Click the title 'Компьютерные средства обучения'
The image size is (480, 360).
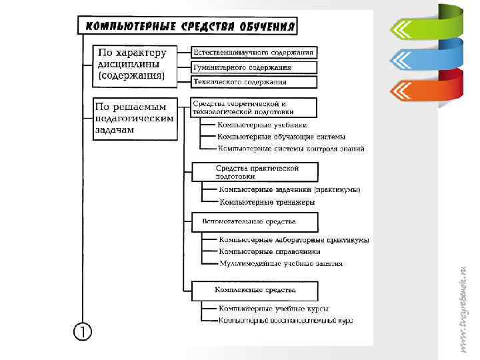pos(187,26)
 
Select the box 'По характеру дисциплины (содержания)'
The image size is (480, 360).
pos(134,65)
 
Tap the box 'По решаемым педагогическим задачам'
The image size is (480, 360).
pos(134,119)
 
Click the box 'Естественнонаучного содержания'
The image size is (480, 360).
pos(254,52)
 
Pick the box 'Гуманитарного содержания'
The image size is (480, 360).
pos(254,67)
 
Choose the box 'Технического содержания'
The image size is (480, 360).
pos(254,82)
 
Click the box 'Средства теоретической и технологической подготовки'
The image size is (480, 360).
pos(254,107)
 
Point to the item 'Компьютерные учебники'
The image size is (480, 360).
pos(263,125)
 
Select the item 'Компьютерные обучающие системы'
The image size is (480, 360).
pos(281,137)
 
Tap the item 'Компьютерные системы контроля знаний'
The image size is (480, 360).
pos(291,149)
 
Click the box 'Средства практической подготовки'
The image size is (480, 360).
pos(254,172)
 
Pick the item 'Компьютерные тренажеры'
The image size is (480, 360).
pos(267,201)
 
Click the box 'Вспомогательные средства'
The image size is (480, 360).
pos(254,222)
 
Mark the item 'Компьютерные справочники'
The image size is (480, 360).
pos(269,251)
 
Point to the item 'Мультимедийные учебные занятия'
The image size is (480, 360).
pos(281,263)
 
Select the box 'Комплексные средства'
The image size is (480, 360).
pos(254,291)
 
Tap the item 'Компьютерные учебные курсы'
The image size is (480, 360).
pos(273,309)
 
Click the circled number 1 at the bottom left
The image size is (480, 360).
pos(82,331)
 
